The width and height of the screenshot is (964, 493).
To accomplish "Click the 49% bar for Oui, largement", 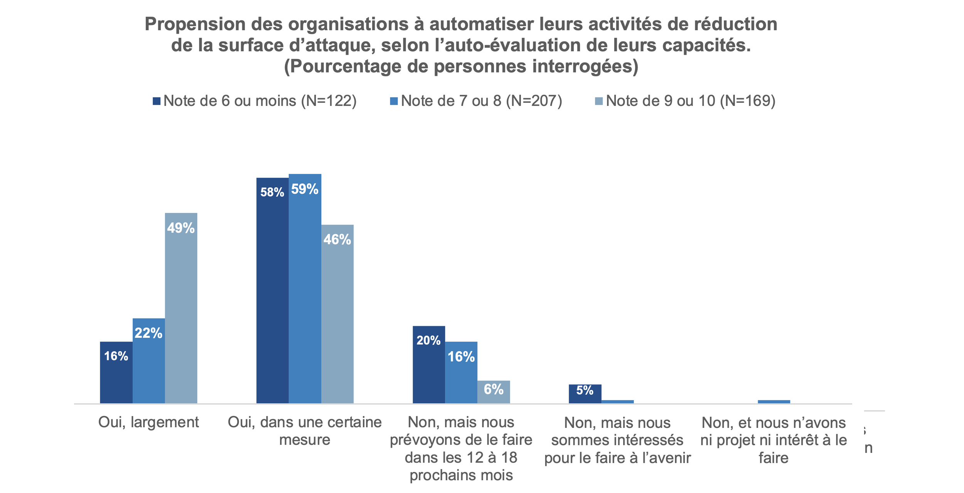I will (x=181, y=308).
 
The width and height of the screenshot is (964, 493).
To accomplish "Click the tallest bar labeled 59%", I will (x=305, y=289).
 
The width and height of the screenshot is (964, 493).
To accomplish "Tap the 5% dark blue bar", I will (x=585, y=394).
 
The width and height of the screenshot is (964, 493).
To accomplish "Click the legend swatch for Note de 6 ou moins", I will (x=157, y=101).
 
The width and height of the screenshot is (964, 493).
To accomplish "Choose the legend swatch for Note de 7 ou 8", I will (x=394, y=101).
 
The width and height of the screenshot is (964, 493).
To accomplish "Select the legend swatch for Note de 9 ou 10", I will (x=599, y=101).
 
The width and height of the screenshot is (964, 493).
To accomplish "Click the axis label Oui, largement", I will (x=148, y=423).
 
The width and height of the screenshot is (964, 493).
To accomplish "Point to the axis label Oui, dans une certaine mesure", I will (x=305, y=431).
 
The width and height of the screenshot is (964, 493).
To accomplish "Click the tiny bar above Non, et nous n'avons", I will (x=774, y=402).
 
